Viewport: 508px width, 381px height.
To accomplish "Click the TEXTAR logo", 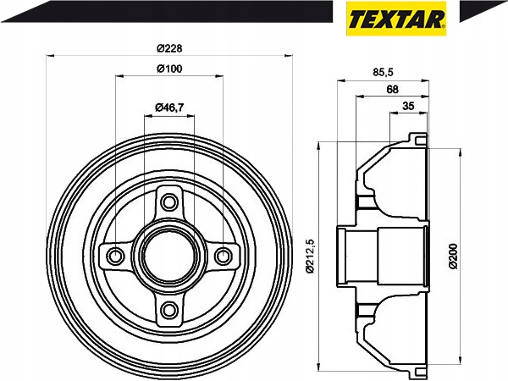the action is [x=396, y=19].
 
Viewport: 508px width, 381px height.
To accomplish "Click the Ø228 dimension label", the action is [x=169, y=48].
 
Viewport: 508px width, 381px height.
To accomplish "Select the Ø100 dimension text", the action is [x=169, y=69].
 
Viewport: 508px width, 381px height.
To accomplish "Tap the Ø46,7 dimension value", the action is [x=169, y=108].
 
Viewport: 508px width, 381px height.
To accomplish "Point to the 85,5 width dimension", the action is [x=383, y=72].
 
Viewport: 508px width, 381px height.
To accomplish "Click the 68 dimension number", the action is [x=392, y=89].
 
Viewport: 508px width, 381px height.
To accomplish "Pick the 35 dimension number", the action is [x=408, y=106].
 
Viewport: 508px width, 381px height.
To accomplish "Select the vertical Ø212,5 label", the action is [x=311, y=256].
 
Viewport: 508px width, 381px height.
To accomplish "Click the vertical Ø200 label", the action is [x=453, y=256].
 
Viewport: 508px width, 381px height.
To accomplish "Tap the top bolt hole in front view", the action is [x=169, y=202].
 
